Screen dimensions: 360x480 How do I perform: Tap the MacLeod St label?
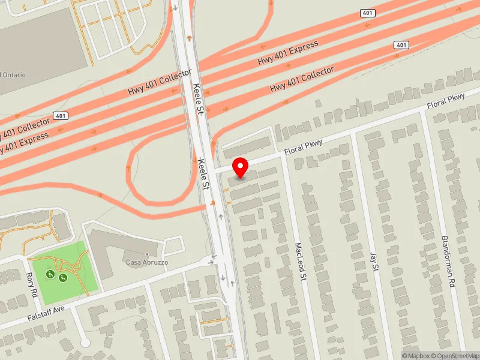click(x=301, y=260)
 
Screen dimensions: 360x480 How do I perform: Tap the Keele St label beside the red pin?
click(x=205, y=175)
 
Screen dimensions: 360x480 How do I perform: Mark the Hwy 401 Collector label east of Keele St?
click(x=302, y=79)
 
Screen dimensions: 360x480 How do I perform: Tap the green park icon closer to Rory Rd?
click(x=50, y=275)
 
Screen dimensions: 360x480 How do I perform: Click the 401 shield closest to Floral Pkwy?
click(x=401, y=46)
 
